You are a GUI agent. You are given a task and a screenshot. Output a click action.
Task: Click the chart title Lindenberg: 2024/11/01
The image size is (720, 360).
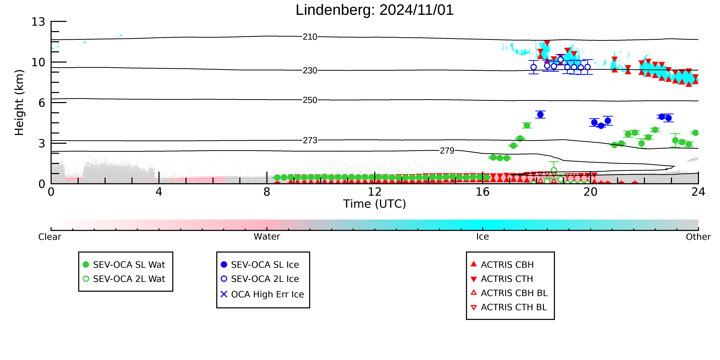375,10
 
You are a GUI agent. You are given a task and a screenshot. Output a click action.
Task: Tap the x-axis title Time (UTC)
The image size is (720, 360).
375,204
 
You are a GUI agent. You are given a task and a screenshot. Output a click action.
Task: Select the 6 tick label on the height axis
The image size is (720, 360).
42,103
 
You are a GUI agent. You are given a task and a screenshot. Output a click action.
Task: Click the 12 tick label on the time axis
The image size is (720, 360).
375,192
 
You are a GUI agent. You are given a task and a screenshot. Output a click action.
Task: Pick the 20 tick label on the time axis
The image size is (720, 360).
590,192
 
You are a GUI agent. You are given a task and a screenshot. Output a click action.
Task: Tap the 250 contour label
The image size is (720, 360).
310,100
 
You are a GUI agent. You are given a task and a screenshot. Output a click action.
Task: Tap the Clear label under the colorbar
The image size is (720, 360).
50,237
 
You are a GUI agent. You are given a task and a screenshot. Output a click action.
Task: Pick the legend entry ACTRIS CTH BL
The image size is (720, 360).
509,307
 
